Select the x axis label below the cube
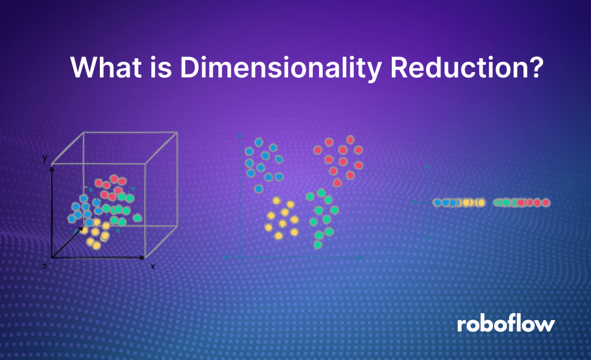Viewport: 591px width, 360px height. (153, 267)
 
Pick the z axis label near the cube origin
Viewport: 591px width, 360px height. (45, 267)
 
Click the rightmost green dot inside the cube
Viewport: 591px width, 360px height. (137, 218)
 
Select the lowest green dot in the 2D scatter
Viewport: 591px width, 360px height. (317, 245)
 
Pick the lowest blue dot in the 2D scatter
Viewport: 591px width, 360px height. (259, 188)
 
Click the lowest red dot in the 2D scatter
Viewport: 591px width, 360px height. (337, 182)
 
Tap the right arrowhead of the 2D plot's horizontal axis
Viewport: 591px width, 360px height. (361, 257)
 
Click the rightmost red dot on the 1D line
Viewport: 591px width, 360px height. (545, 202)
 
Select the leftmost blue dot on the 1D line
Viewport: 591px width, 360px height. (437, 202)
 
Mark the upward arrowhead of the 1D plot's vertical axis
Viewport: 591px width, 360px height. (427, 166)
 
